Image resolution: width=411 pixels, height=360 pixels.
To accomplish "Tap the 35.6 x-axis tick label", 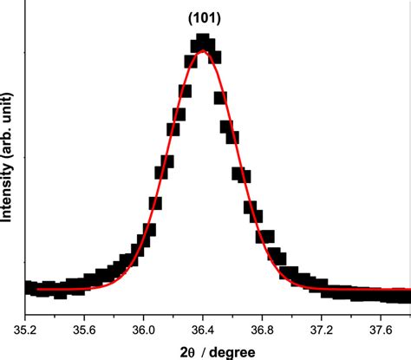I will click(84, 330).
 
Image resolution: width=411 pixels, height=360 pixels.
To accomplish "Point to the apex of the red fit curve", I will click(203, 51).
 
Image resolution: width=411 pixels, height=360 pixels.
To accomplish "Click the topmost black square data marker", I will click(203, 41).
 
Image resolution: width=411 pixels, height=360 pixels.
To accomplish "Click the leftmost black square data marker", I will click(29, 287).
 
